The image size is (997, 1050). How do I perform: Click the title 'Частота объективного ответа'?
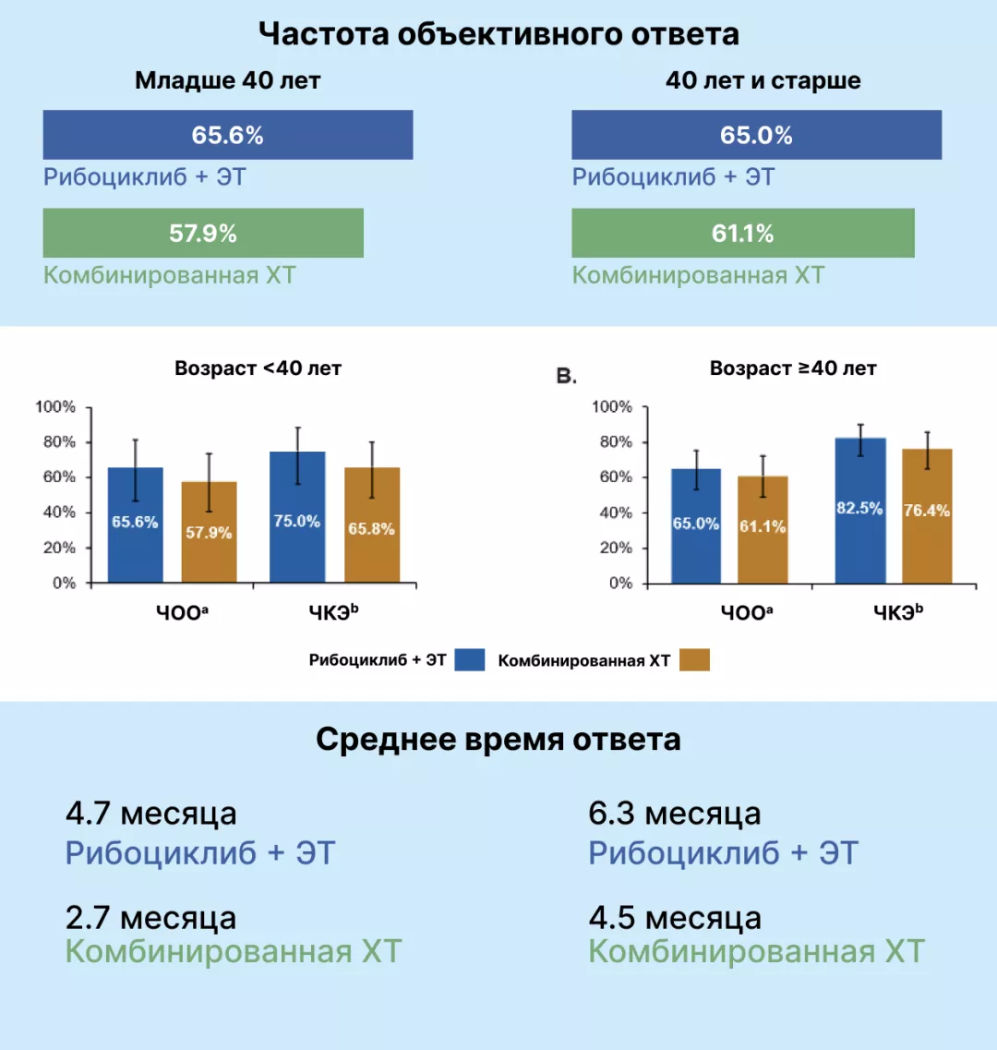(x=498, y=34)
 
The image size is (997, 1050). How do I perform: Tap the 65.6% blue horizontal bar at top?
(x=227, y=135)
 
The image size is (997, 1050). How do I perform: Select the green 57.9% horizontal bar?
(x=203, y=233)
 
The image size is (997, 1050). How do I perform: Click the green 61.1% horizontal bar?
(x=742, y=233)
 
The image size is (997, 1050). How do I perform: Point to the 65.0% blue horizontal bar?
(x=756, y=135)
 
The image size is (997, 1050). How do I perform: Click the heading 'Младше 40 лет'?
(x=227, y=80)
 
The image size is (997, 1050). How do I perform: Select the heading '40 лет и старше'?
(x=763, y=80)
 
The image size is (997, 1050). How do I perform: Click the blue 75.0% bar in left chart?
(x=297, y=517)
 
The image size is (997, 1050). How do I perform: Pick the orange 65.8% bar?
(x=372, y=525)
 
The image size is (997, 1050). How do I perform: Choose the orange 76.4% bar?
(x=927, y=515)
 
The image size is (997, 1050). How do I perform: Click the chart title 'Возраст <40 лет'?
(x=258, y=368)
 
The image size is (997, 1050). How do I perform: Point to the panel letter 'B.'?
(x=566, y=376)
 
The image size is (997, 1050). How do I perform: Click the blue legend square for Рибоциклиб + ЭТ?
(x=470, y=659)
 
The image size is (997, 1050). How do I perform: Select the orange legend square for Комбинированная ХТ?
(x=694, y=659)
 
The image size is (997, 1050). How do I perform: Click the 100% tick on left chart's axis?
(x=55, y=407)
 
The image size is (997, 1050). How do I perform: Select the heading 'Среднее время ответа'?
(x=498, y=739)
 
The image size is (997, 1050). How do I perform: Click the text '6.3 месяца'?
(x=674, y=814)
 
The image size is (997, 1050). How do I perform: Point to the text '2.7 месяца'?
(x=150, y=918)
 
